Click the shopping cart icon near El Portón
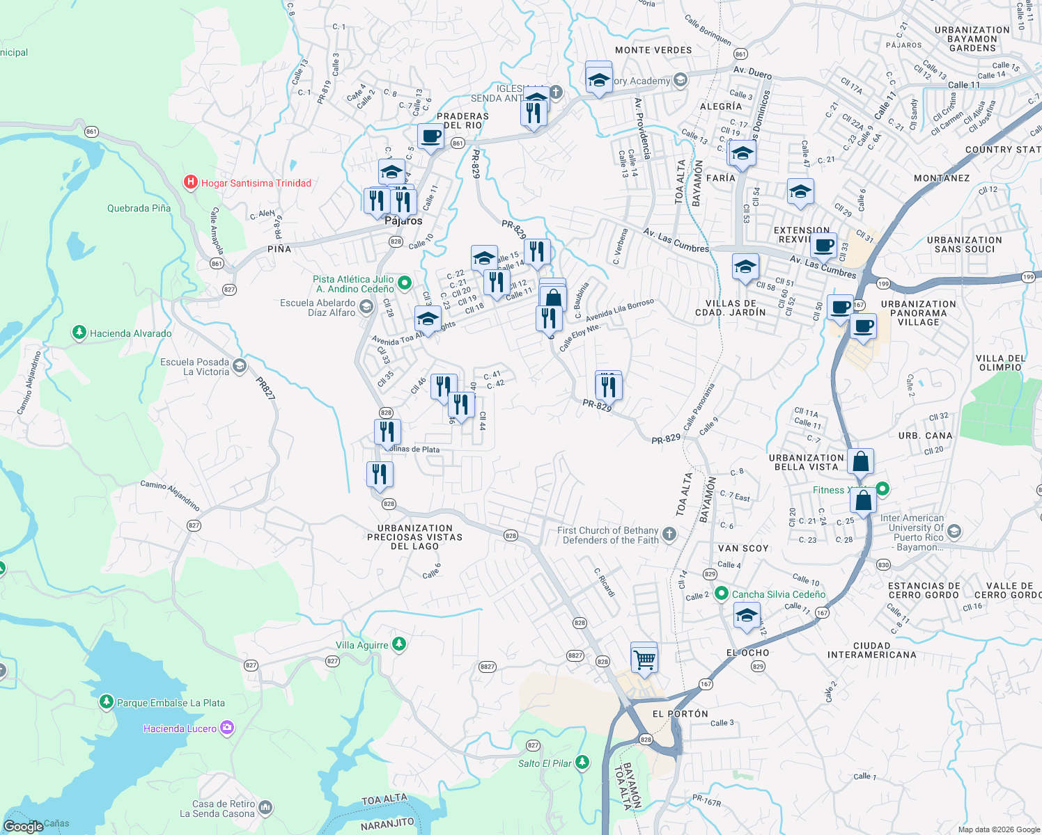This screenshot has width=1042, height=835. click(644, 658)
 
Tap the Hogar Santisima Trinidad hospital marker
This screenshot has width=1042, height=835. click(190, 183)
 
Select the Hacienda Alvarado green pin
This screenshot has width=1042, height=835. click(79, 333)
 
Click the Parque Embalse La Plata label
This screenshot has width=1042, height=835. click(171, 703)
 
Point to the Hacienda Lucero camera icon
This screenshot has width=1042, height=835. click(226, 729)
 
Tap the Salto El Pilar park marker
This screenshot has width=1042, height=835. click(582, 763)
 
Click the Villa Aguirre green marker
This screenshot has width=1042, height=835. click(399, 645)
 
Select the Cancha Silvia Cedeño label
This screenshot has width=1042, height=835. click(778, 594)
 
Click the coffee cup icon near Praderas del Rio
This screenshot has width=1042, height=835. click(430, 136)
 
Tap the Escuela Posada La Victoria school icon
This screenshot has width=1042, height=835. click(240, 366)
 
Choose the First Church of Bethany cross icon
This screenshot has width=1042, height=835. click(669, 534)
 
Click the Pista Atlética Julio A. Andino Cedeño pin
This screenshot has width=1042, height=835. click(405, 283)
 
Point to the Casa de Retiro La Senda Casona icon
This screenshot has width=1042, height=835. click(265, 808)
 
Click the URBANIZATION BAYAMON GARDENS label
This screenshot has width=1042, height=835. click(972, 39)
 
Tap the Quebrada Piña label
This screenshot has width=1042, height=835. click(139, 208)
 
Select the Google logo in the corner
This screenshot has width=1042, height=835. click(23, 826)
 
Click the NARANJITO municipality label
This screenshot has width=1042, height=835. click(387, 825)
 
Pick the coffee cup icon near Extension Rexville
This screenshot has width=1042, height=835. click(824, 246)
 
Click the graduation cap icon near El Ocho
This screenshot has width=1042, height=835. click(747, 616)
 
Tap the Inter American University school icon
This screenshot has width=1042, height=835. click(954, 532)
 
